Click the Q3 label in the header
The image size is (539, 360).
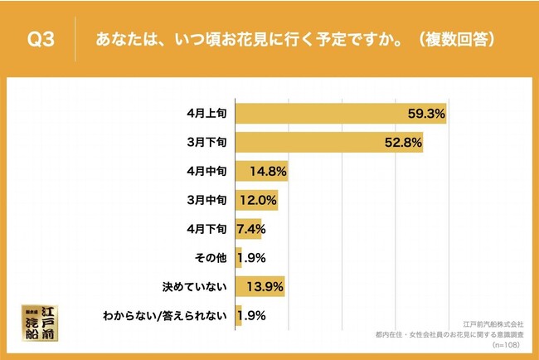41,38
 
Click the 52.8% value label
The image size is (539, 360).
402,142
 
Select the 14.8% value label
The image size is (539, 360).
268,171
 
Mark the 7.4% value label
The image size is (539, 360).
250,229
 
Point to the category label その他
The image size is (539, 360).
212,258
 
